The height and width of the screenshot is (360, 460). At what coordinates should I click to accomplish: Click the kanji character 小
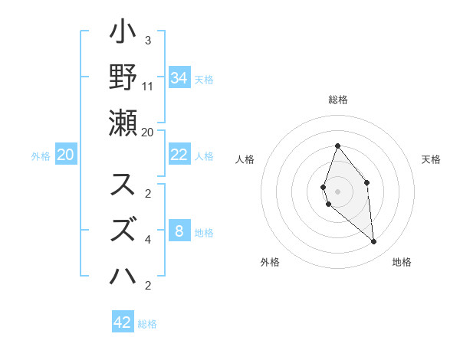tap(123, 33)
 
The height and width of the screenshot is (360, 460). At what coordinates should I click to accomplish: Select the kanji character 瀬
tap(123, 122)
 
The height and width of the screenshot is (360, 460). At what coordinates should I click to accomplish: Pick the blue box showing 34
tap(179, 77)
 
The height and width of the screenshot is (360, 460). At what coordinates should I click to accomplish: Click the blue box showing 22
tap(179, 155)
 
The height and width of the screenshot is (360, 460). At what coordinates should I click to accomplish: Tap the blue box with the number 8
tap(179, 231)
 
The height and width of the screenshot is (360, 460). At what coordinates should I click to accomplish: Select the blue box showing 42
tap(123, 322)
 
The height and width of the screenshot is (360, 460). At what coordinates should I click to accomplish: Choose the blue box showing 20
tap(66, 155)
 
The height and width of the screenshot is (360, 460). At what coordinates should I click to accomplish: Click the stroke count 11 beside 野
tap(148, 86)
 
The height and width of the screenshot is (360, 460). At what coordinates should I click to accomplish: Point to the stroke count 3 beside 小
tap(147, 41)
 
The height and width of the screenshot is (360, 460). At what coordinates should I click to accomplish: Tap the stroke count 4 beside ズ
tap(147, 240)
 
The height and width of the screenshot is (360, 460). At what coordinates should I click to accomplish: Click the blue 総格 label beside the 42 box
tap(148, 324)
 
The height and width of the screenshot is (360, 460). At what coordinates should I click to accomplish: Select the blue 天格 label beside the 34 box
tap(204, 79)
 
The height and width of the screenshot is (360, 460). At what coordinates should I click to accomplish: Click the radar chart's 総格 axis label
tap(338, 100)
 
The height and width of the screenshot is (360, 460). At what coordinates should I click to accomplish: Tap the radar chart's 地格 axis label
tap(402, 262)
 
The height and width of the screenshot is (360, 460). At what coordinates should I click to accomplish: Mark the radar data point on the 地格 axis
tap(374, 242)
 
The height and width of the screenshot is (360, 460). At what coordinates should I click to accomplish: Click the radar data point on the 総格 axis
tap(337, 146)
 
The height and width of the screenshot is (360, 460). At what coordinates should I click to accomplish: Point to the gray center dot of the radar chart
tap(337, 191)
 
